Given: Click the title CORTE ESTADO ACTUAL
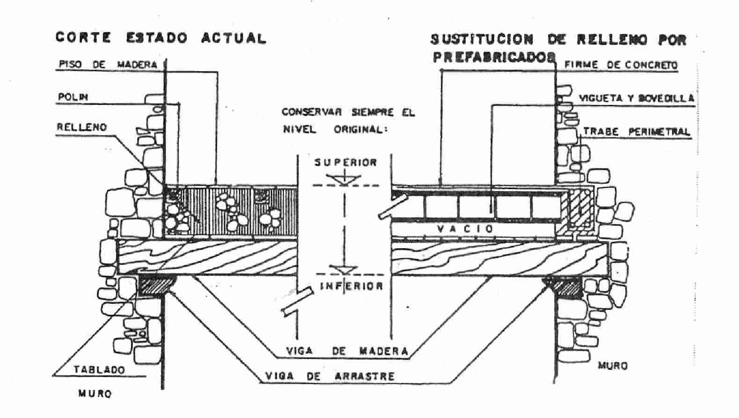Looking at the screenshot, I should pyautogui.click(x=160, y=38).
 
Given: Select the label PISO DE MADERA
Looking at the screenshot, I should pyautogui.click(x=107, y=65).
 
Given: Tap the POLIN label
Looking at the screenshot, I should pyautogui.click(x=72, y=97).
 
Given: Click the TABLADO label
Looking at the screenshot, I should pyautogui.click(x=99, y=370).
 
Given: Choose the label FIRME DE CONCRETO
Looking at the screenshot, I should pyautogui.click(x=621, y=65).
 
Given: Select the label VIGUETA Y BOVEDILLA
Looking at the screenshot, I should pyautogui.click(x=637, y=98).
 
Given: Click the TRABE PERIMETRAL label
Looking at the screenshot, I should pyautogui.click(x=636, y=132).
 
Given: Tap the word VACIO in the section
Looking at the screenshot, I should pyautogui.click(x=465, y=228).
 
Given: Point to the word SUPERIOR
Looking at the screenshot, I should pyautogui.click(x=346, y=162).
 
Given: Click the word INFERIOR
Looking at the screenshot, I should pyautogui.click(x=351, y=286).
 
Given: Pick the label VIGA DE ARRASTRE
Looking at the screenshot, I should pyautogui.click(x=330, y=376).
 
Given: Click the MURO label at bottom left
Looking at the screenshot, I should pyautogui.click(x=94, y=394).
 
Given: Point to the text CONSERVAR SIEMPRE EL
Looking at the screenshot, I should pyautogui.click(x=348, y=113).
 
